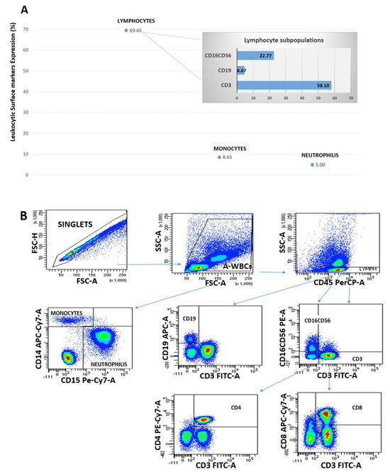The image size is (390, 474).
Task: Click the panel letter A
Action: point(25,11)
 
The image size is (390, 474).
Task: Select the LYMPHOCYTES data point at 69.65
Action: point(126,30)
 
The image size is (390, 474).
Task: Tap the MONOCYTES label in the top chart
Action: point(230,148)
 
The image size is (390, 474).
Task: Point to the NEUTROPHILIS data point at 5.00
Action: point(312,164)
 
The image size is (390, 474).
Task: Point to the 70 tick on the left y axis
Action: point(26,29)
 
